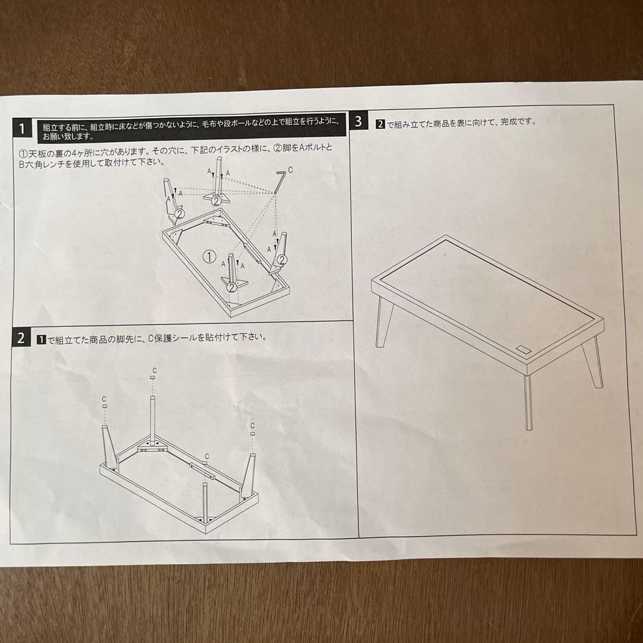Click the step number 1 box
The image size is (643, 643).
[x=22, y=129]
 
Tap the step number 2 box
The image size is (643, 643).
[x=21, y=338]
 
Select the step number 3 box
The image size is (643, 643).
[x=358, y=122]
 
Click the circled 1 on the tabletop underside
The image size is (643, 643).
[x=210, y=257]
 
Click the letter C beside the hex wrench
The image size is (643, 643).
[x=291, y=169]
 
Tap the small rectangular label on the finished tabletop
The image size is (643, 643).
[x=523, y=349]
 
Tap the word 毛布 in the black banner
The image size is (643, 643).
[x=209, y=123]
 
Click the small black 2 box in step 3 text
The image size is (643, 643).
[x=380, y=124]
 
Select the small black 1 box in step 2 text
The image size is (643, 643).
[x=42, y=339]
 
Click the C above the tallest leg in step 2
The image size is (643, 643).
[x=154, y=371]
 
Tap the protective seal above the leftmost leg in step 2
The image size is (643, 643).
[x=105, y=405]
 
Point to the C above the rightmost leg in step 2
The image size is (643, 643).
[x=252, y=426]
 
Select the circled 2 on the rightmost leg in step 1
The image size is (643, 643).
[x=282, y=260]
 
